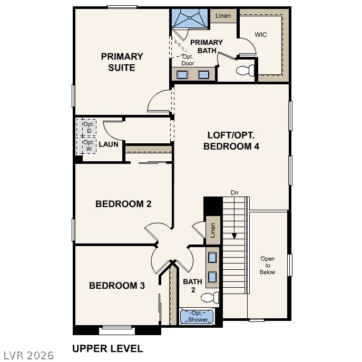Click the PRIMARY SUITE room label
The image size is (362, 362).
122,62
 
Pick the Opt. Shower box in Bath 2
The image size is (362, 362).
198,317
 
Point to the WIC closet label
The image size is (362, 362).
261,35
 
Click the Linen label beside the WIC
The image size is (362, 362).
223,16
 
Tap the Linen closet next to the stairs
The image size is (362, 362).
213,230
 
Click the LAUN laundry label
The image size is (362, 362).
108,144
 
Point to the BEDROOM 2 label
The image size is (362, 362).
123,204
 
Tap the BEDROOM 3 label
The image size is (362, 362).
116,286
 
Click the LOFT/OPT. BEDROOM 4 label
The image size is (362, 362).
231,141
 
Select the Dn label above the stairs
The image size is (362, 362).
234,192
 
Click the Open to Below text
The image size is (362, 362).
268,265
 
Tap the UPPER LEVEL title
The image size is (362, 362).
107,348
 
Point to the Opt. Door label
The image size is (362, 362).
188,60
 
